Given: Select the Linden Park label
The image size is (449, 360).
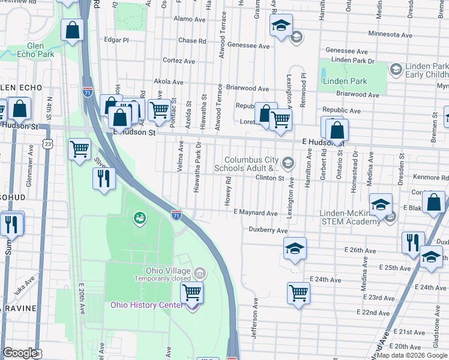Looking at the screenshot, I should [x=345, y=81].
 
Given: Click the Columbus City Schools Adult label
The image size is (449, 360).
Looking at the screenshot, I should [x=252, y=164].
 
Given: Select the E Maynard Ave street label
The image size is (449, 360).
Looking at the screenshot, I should [x=256, y=213].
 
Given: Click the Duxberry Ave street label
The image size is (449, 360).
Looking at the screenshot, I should [x=268, y=230].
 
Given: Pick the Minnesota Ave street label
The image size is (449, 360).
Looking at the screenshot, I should [x=390, y=34].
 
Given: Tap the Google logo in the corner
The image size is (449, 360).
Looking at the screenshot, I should [x=20, y=353].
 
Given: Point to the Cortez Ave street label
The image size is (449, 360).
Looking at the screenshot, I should [x=179, y=61].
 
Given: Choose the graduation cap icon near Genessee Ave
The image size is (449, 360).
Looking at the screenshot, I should [x=280, y=26].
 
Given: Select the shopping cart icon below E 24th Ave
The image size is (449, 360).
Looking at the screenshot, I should [x=298, y=293].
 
